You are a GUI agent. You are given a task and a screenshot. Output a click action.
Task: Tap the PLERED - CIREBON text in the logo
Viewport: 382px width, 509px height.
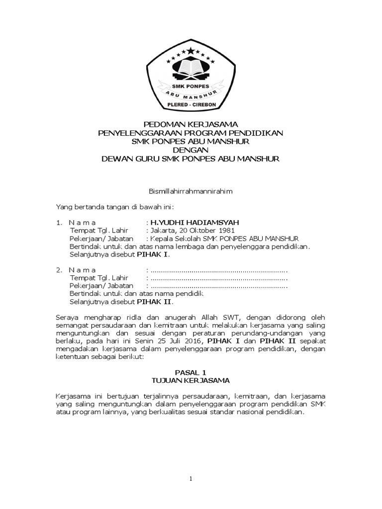[x=191, y=106]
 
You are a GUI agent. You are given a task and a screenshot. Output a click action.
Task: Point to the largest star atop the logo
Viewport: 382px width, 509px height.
[x=191, y=49]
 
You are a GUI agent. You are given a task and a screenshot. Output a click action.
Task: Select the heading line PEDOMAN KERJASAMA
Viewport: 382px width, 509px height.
[x=191, y=123]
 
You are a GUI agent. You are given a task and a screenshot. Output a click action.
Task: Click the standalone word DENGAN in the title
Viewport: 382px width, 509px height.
[x=191, y=150]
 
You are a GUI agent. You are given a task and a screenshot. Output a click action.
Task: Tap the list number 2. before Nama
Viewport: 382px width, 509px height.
[x=59, y=269]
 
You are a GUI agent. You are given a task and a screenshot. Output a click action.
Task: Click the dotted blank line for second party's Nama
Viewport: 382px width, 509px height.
[x=218, y=270]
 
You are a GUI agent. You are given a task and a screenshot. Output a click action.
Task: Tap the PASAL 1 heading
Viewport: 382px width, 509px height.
[x=191, y=372]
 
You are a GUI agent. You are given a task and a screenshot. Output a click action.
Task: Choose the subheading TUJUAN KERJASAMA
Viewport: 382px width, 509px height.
[x=191, y=380]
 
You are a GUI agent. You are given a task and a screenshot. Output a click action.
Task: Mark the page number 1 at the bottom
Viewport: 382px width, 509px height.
[x=191, y=479]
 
